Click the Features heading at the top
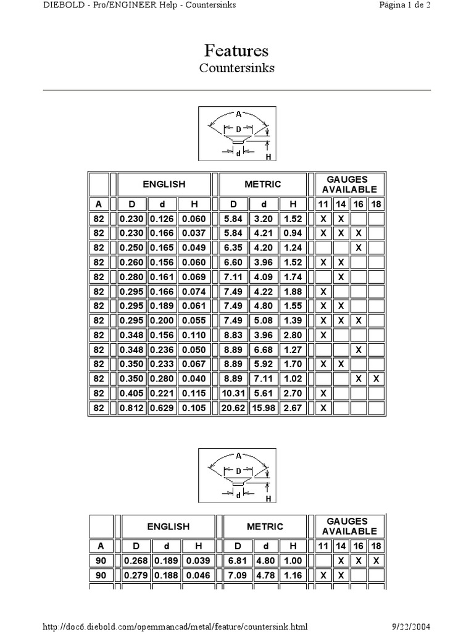coord(236,51)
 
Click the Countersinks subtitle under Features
coord(236,68)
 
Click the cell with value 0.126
coord(162,218)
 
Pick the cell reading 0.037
coord(194,233)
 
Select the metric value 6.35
coord(233,247)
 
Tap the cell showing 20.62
coord(233,407)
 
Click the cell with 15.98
coord(264,407)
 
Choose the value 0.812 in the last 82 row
coord(131,407)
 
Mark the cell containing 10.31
coord(233,393)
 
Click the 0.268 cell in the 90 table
coord(136,560)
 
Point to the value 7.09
coord(237,575)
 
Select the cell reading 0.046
coord(197,575)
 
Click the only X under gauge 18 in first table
coord(376,378)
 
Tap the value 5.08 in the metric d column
coord(264,320)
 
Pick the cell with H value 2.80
coord(293,335)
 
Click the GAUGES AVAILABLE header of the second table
coord(349,526)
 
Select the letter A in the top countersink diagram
coord(238,114)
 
